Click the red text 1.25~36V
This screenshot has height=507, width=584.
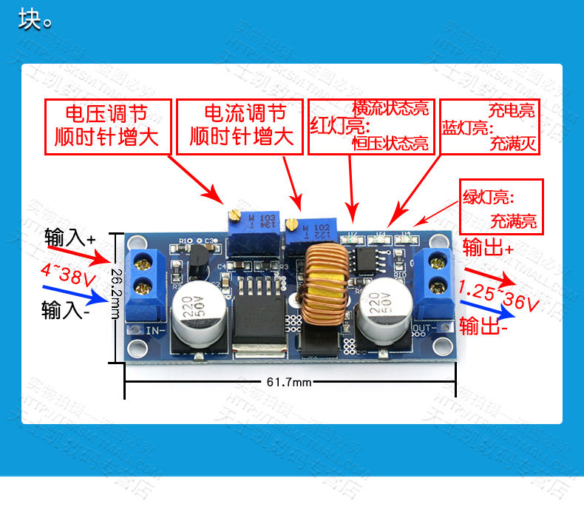tap(498, 295)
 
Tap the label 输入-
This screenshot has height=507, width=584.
tap(67, 309)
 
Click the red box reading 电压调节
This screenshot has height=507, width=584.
tap(107, 126)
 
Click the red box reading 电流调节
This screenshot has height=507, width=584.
tap(242, 126)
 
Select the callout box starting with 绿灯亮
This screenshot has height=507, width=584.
tap(501, 209)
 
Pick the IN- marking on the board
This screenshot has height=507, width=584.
tap(156, 330)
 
